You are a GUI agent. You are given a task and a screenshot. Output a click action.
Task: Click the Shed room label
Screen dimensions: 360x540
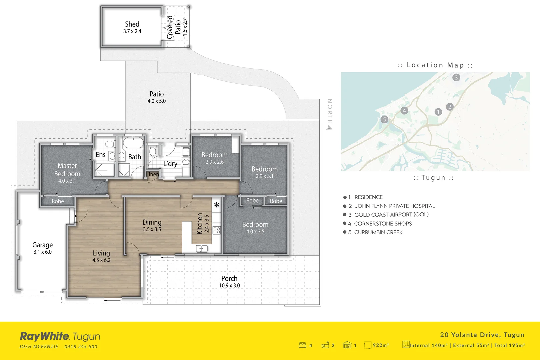(132, 24)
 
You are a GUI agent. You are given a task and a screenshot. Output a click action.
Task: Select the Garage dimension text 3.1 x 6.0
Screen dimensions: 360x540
(42, 252)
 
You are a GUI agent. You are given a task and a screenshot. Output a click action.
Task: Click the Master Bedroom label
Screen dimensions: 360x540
(67, 170)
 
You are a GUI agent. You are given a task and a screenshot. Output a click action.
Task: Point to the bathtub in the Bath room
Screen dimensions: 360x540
(133, 143)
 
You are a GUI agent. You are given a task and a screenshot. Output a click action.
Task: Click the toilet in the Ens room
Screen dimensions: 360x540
(109, 144)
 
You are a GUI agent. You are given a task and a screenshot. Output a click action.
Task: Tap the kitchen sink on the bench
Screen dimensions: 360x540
(202, 248)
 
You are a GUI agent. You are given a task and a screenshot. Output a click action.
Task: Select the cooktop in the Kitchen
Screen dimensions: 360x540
(217, 230)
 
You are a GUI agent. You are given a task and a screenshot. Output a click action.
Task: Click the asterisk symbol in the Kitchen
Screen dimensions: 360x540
(217, 205)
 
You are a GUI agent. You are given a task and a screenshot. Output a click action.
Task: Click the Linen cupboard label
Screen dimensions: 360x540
(152, 174)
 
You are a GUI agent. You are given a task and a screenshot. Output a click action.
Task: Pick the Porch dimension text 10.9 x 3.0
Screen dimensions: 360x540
(229, 286)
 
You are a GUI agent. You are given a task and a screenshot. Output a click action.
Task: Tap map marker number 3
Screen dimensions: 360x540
(456, 77)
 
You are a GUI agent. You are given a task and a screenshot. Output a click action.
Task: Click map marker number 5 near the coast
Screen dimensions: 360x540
(384, 119)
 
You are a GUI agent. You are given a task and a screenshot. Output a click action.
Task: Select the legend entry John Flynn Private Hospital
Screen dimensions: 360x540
(394, 206)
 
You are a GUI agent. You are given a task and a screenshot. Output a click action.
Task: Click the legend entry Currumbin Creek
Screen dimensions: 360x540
(378, 232)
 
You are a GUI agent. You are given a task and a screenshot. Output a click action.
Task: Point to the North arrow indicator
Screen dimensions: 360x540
(329, 127)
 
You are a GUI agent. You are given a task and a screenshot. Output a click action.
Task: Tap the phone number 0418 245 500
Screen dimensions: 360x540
(81, 347)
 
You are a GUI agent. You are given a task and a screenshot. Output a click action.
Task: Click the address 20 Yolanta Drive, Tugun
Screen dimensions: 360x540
(482, 335)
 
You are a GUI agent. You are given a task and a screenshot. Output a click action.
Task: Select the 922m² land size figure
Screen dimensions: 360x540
(381, 345)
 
